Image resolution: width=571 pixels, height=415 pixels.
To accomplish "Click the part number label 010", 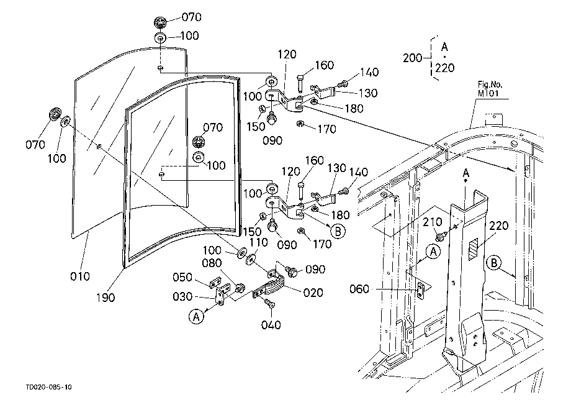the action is point(79,276).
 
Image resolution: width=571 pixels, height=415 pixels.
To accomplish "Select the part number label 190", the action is point(106,298).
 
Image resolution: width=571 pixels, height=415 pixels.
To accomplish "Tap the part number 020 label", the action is point(313,293).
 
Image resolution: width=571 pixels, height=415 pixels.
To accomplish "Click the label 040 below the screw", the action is point(271,325).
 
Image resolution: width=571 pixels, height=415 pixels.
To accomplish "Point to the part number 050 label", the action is point(182,277).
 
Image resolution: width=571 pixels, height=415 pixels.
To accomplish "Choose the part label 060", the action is point(359,290).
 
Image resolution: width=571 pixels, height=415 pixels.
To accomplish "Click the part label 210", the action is point(433,222).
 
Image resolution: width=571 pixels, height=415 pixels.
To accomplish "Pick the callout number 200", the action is point(412,58).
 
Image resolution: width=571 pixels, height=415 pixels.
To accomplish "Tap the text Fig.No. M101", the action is point(490,89).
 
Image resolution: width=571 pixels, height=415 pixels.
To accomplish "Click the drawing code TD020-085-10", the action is point(49,387).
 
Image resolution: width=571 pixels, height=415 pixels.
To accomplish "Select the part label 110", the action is point(258,242).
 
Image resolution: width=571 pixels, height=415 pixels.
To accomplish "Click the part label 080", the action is point(212,263).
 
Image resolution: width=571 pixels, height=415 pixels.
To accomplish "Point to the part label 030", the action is point(182,296).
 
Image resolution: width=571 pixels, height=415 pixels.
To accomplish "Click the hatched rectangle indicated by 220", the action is point(474,249).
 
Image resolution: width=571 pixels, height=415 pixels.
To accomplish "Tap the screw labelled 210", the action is point(440,237).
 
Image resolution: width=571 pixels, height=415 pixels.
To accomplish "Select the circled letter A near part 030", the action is point(196,316).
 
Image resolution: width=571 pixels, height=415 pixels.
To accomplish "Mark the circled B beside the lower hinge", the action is point(338,230).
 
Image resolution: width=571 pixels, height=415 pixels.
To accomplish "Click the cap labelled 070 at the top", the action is point(160,22).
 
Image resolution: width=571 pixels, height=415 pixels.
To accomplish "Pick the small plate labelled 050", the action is point(216,283).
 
